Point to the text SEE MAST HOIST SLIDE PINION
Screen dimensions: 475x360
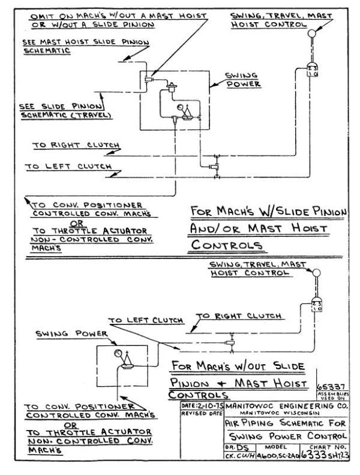(83, 43)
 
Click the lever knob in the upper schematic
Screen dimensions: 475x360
(311, 35)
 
